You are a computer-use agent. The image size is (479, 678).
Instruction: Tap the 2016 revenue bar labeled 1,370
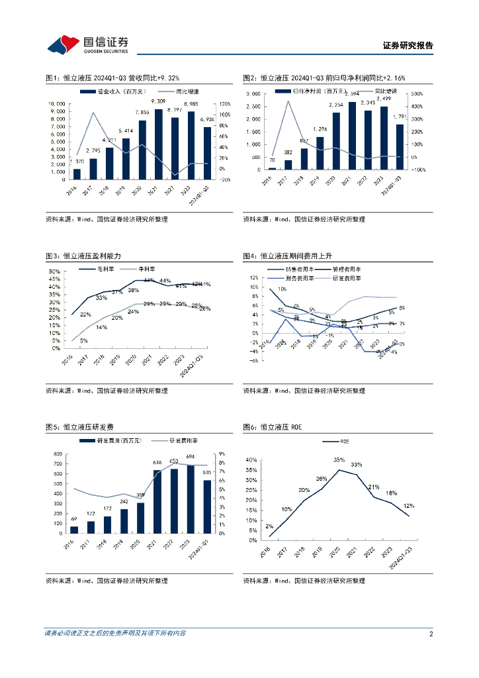[77, 174]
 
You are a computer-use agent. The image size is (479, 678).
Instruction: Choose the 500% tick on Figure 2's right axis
[417, 94]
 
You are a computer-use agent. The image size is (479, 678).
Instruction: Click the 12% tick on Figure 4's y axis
[254, 277]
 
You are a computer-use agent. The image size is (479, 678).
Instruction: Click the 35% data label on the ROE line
[339, 460]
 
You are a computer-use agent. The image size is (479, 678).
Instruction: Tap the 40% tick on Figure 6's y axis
[251, 460]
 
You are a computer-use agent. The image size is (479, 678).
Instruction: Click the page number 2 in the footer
[431, 634]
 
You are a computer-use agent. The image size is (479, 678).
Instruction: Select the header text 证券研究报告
[408, 46]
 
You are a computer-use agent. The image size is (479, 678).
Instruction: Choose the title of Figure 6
[272, 427]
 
